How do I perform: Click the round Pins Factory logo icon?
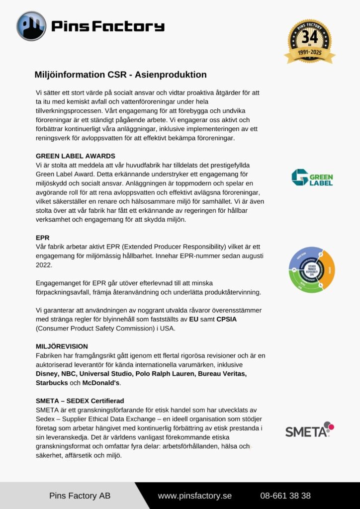31,26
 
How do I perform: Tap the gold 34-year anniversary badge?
310,41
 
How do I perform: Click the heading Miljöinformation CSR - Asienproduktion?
120,75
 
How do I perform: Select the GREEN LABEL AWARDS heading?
76,156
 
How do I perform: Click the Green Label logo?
312,177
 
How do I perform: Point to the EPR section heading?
42,238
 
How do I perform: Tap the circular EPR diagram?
312,270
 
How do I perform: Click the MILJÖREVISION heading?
62,346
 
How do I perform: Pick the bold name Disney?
47,373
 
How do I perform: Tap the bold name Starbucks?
51,383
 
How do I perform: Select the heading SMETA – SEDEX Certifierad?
80,401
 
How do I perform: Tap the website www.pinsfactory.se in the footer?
195,496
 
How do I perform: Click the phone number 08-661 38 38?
285,496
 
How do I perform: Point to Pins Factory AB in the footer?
80,496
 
